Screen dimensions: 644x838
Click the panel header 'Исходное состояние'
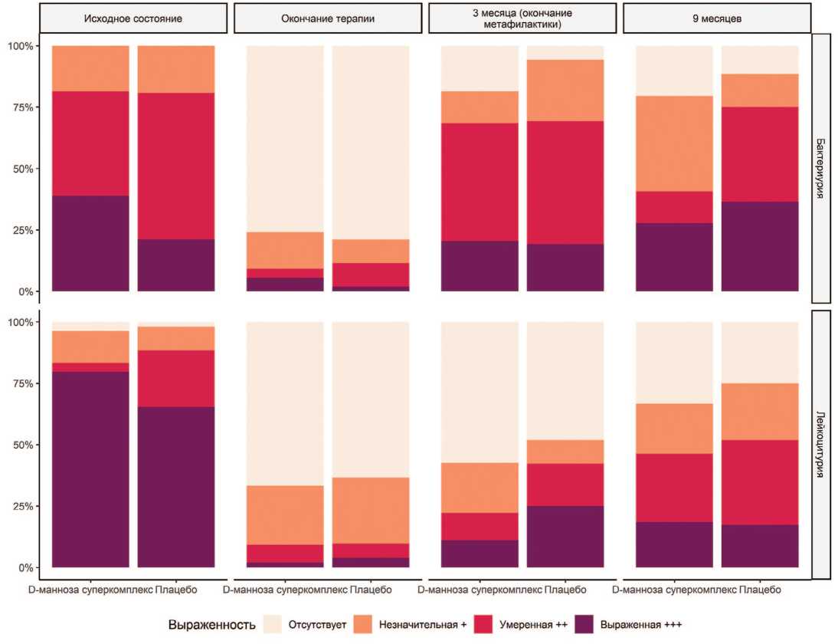click(x=133, y=18)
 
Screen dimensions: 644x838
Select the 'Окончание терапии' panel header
click(x=328, y=18)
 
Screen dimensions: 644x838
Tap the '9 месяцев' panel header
click(x=717, y=18)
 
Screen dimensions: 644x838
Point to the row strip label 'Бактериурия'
click(x=820, y=168)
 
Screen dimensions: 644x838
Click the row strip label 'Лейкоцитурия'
click(x=820, y=444)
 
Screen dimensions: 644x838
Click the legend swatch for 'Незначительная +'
click(x=371, y=623)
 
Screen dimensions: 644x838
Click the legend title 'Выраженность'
click(x=211, y=624)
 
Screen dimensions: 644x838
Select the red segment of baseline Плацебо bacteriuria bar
click(x=176, y=166)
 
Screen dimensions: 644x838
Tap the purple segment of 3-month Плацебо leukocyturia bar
click(x=565, y=537)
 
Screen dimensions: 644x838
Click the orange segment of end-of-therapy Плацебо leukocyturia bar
click(x=371, y=511)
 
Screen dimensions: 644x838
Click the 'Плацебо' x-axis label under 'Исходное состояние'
click(x=176, y=590)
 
